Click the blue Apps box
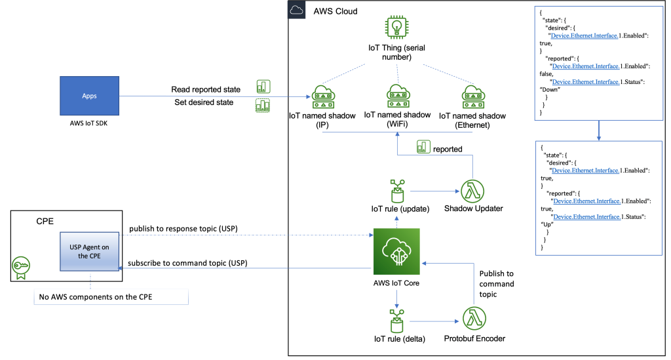(89, 96)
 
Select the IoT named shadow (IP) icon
(322, 96)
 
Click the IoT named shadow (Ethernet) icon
(472, 96)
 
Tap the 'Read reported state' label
(206, 89)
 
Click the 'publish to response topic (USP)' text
(183, 229)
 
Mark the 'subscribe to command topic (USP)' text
(187, 264)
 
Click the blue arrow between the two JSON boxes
(599, 131)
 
